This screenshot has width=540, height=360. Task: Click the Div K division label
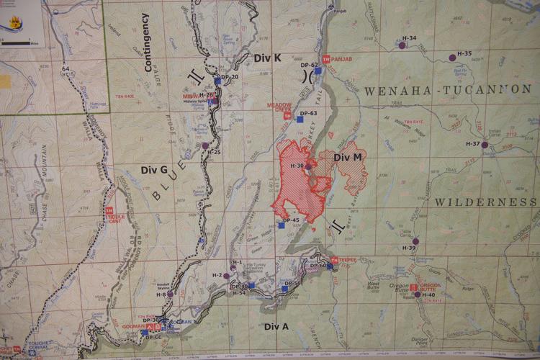coord(267,58)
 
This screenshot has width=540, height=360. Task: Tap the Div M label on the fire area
coord(348,158)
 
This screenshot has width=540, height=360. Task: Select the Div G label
coord(154,170)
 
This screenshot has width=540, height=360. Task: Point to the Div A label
coord(276,326)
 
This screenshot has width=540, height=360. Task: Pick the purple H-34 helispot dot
coord(402,45)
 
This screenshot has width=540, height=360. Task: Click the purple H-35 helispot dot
coord(452,57)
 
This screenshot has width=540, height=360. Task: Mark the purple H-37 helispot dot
coord(485,145)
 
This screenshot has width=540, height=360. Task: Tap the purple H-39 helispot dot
coord(415,241)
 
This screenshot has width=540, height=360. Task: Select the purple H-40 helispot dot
coord(418,294)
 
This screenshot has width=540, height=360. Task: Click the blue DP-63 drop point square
coord(300,120)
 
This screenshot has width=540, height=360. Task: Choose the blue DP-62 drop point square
coord(318,71)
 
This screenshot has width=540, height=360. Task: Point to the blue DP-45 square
coord(282,225)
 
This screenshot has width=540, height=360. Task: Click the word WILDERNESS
coord(486,202)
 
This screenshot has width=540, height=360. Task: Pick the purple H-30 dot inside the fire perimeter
coord(308,167)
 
